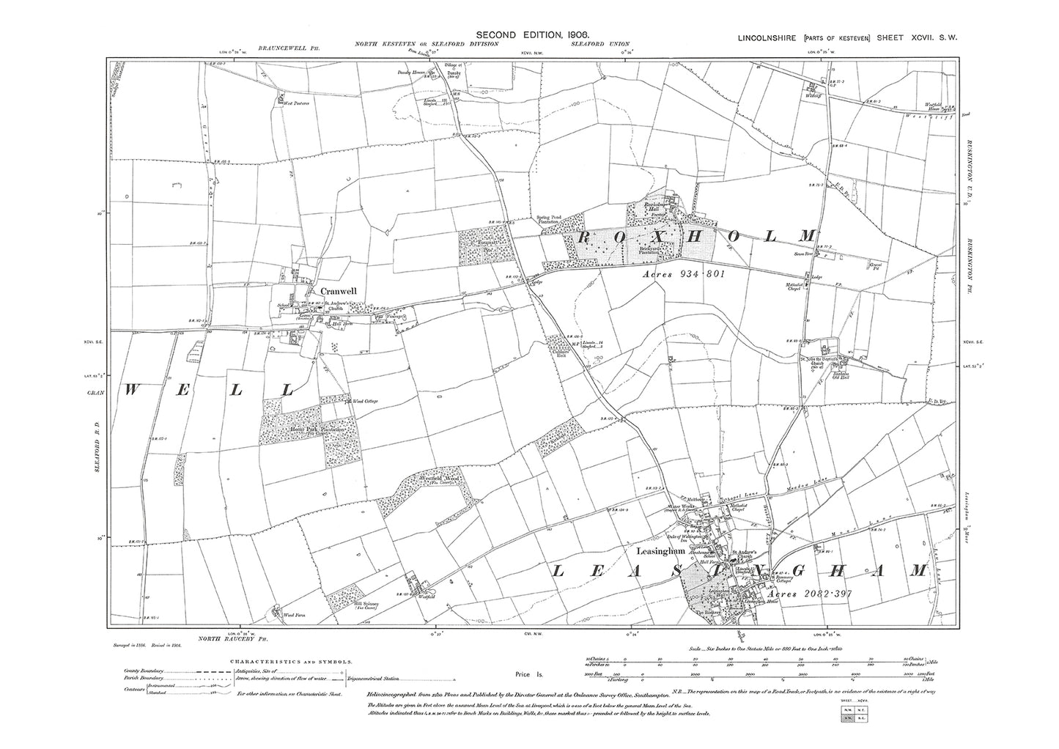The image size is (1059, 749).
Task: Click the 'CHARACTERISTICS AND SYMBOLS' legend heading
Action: pos(293,660)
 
